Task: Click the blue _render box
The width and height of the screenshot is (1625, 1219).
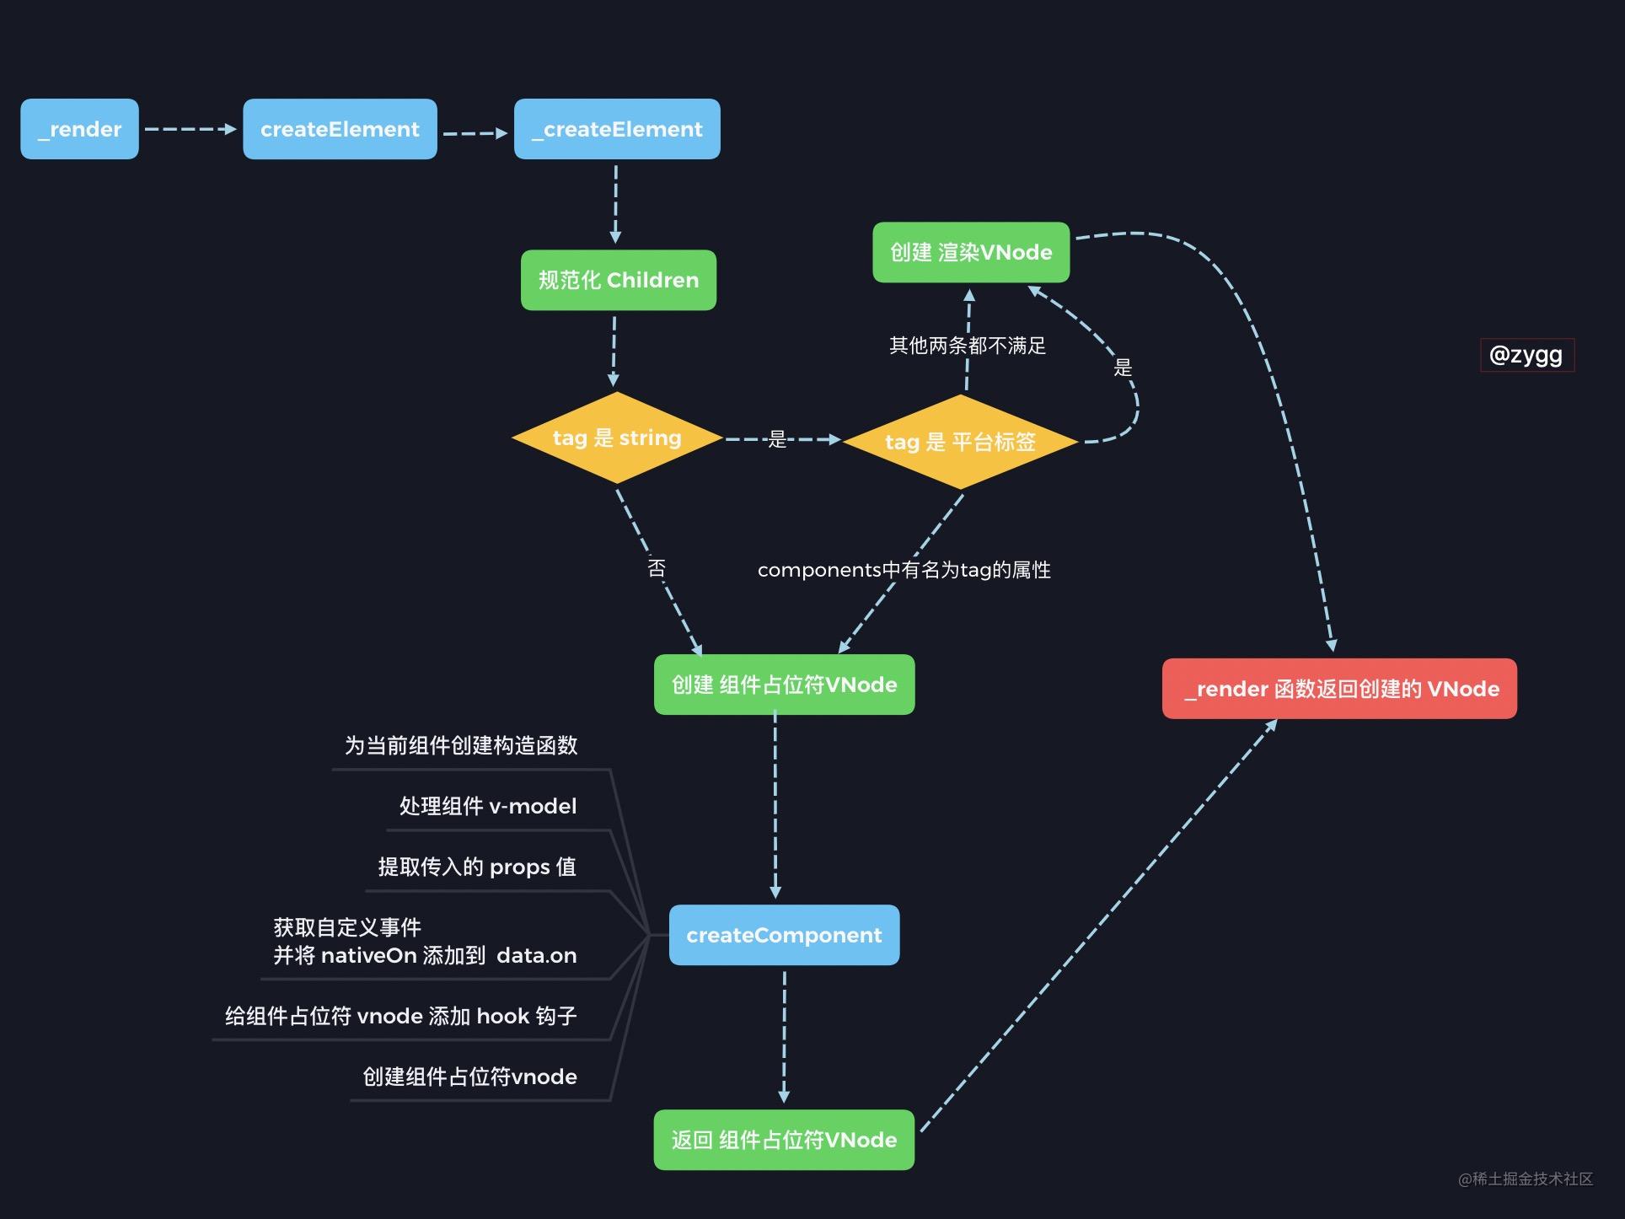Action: pos(79,129)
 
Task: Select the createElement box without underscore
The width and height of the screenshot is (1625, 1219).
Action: pos(340,129)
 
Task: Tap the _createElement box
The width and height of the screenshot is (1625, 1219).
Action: pos(617,129)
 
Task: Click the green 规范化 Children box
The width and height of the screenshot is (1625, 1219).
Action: pos(619,280)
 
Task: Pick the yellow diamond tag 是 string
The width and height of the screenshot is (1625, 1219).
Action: pos(617,438)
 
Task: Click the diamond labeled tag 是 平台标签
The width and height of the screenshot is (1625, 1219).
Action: pos(960,442)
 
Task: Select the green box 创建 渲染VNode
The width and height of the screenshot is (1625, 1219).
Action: pos(971,252)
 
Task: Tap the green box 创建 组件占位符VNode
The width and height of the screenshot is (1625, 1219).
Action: pos(784,685)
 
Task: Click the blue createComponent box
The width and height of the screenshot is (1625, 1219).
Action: pos(784,935)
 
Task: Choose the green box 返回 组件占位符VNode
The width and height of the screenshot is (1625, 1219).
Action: pos(784,1140)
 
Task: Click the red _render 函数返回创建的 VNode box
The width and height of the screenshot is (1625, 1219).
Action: pos(1339,689)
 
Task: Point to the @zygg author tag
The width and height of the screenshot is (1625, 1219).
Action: pos(1526,355)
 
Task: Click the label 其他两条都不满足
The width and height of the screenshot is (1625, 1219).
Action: pos(967,346)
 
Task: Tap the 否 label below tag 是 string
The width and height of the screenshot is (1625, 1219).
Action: pos(657,568)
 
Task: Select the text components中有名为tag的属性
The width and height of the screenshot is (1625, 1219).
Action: pos(904,570)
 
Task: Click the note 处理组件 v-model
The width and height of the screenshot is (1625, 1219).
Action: pos(487,806)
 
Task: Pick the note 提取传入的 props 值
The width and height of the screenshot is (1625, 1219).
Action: pos(477,867)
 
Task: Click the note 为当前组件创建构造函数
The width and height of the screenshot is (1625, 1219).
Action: pos(460,745)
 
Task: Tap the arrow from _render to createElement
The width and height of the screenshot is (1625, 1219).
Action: pos(190,129)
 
